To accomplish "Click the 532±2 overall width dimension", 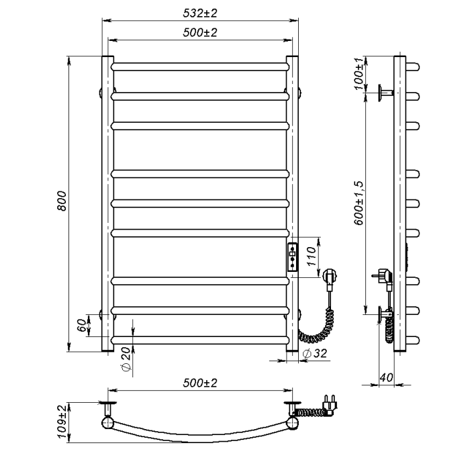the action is [200, 13].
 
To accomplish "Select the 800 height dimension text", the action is [62, 201].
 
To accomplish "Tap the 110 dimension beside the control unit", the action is [312, 256].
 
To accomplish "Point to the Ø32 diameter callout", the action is [315, 353].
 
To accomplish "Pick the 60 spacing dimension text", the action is [82, 326].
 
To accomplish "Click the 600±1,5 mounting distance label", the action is [359, 203].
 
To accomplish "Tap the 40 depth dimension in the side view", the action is [386, 377].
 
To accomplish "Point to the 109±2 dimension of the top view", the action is [62, 422].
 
